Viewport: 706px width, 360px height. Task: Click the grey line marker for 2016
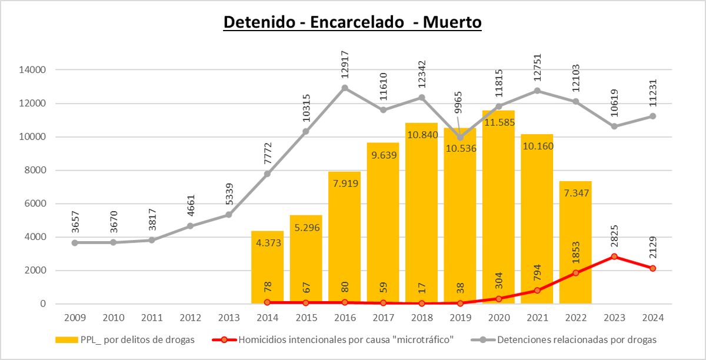345,88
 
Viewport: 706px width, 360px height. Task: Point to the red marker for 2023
614,256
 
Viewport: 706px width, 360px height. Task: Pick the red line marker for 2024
652,268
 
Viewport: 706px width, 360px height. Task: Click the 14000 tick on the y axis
33,70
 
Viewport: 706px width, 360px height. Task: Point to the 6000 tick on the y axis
35,204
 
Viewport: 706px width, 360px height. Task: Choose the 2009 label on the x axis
75,318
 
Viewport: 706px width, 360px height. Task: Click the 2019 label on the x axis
460,318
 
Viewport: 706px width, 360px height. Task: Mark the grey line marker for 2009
75,242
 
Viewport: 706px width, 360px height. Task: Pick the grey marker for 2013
229,215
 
